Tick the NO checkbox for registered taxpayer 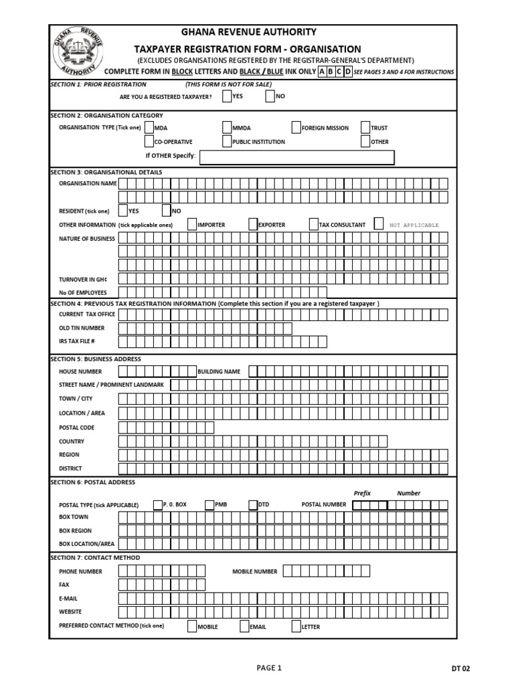pos(270,97)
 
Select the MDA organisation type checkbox pos(149,128)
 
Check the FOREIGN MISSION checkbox pos(296,128)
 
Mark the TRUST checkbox pos(365,128)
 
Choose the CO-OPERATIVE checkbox pos(149,142)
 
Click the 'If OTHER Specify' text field pos(297,157)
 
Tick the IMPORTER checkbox pos(192,225)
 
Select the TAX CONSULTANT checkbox pos(314,225)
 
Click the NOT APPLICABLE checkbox pos(379,225)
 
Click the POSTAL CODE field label pos(77,427)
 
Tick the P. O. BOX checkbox pos(158,504)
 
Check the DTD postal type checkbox pos(253,504)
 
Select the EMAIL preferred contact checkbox pos(245,627)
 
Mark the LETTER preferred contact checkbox pos(296,627)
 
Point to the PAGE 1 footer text pos(270,667)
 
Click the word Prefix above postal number pos(362,493)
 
